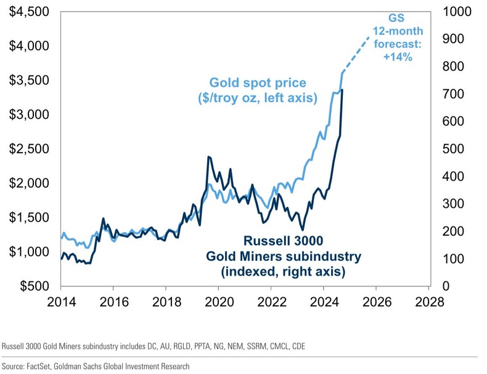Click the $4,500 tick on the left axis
click(x=28, y=12)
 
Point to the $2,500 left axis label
click(x=28, y=149)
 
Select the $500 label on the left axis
click(x=35, y=286)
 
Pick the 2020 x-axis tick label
click(x=219, y=302)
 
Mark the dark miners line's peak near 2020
click(x=209, y=157)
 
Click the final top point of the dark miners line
click(x=342, y=90)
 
